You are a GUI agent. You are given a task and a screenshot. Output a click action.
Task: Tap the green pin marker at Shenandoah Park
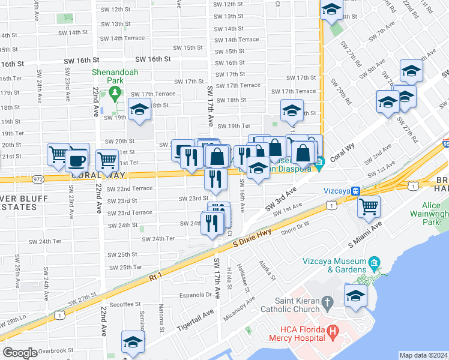pyautogui.click(x=115, y=93)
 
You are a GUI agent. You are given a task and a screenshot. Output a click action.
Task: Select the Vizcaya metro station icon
pyautogui.click(x=355, y=190)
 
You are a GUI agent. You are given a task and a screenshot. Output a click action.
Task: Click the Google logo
pyautogui.click(x=20, y=353)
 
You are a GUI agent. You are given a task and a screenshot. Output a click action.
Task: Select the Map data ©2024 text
pyautogui.click(x=423, y=355)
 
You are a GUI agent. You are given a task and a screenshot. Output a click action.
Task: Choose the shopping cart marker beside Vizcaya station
pyautogui.click(x=369, y=207)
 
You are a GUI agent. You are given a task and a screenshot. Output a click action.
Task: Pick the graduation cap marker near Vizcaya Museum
pyautogui.click(x=355, y=296)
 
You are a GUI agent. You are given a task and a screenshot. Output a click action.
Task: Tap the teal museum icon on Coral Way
pyautogui.click(x=321, y=161)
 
